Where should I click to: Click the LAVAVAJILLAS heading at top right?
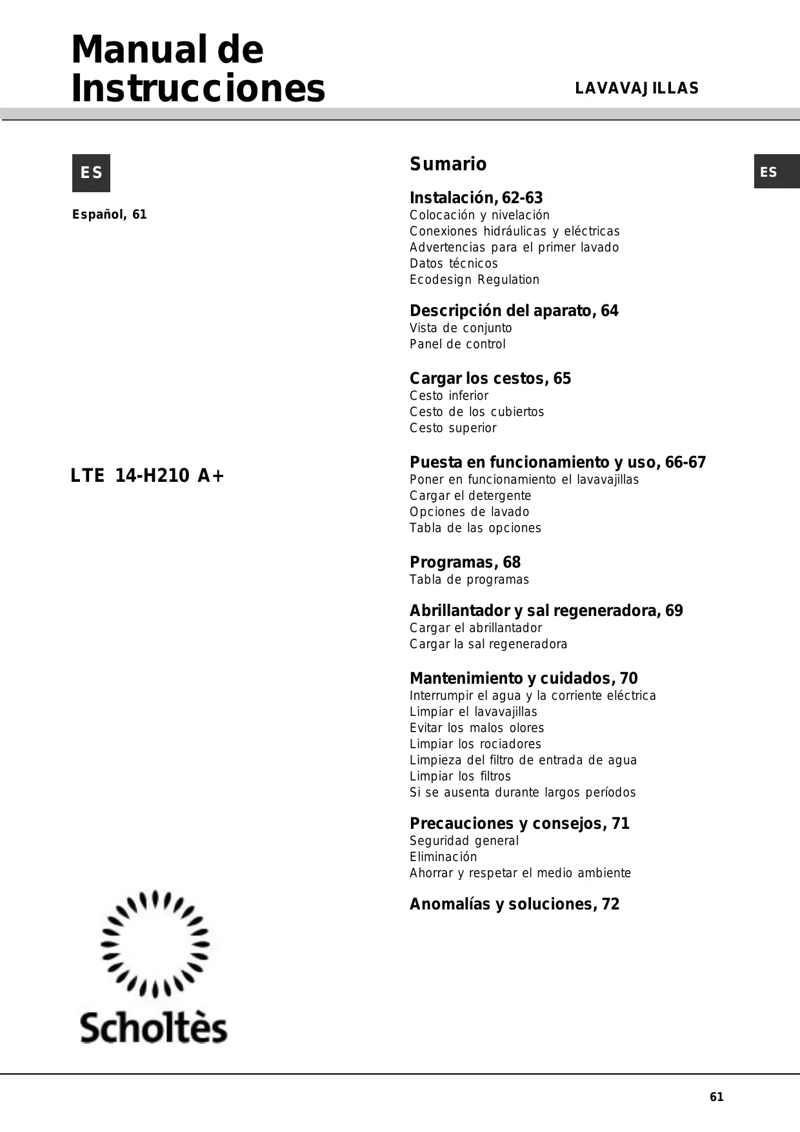click(637, 88)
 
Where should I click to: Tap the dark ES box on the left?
click(91, 173)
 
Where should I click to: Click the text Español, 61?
click(110, 215)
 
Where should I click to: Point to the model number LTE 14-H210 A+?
click(147, 476)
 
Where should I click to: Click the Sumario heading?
click(448, 164)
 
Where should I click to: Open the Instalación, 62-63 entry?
click(476, 198)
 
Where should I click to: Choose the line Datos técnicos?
click(454, 263)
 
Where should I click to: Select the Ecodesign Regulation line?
click(474, 279)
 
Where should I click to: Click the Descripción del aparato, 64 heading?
click(514, 311)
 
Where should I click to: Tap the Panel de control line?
click(457, 344)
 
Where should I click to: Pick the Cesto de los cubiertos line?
click(477, 412)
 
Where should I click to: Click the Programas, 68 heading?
click(465, 562)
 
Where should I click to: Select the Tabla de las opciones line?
click(475, 528)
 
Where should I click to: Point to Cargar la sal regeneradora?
click(488, 644)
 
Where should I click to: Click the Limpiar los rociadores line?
click(475, 744)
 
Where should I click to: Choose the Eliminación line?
click(443, 857)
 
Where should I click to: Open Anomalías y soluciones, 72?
click(514, 904)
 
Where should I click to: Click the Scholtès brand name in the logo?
click(154, 1028)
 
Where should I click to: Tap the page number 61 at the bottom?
click(716, 1097)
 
